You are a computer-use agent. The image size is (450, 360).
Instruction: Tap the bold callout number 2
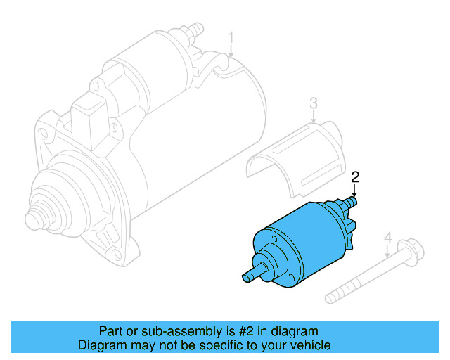[355, 176]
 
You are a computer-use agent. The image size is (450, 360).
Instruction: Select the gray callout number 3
[314, 104]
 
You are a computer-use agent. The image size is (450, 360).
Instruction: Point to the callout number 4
[387, 240]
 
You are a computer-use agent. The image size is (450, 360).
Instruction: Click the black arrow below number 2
[355, 190]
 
